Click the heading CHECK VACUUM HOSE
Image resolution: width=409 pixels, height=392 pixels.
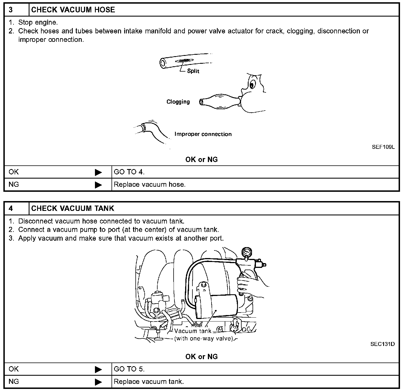(x=73, y=10)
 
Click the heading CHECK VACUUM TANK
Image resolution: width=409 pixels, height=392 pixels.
(x=73, y=208)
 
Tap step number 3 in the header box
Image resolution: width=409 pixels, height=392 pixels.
(x=11, y=10)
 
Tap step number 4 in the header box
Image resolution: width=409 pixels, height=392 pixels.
(x=11, y=208)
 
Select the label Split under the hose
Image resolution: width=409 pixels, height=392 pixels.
(x=193, y=71)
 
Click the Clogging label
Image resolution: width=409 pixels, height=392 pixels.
(x=178, y=102)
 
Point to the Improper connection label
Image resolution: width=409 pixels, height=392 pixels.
(x=203, y=134)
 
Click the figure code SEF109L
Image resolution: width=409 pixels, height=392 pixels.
(x=383, y=147)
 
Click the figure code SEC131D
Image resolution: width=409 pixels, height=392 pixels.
(x=383, y=344)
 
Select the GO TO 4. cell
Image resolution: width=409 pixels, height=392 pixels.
(x=129, y=172)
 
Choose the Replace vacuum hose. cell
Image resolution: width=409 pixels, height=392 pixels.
(x=150, y=185)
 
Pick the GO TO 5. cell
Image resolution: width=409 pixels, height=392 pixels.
(x=129, y=369)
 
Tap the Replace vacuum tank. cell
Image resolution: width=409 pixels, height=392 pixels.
(x=149, y=382)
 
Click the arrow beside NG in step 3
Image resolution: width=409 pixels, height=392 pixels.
(x=98, y=185)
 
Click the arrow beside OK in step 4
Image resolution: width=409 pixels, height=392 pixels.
(x=98, y=369)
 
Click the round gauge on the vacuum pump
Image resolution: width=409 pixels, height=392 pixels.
(x=247, y=252)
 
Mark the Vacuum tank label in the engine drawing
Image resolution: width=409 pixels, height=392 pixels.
(x=193, y=331)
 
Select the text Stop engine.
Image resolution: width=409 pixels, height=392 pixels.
(x=38, y=22)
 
